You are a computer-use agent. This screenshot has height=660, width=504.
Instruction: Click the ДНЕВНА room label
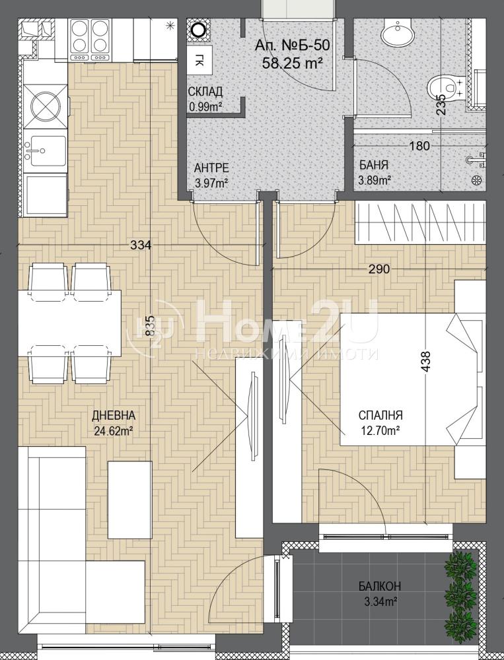114,416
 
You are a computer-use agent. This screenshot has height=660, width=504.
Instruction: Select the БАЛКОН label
380,586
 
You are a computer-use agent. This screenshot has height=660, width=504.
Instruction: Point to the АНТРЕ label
211,168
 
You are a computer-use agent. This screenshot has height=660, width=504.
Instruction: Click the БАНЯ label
374,165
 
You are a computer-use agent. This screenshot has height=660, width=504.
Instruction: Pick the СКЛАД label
205,91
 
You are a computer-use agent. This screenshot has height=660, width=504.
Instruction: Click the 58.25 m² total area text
293,63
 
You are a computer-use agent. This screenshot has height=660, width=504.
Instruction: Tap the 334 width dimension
141,245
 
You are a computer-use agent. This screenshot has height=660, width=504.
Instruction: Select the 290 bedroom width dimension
379,269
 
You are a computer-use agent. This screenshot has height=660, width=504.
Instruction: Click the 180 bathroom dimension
420,146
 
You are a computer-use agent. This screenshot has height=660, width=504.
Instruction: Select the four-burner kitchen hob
90,39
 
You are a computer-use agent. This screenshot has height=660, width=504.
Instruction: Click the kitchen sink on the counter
45,150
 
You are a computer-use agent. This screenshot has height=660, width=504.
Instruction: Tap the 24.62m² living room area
114,430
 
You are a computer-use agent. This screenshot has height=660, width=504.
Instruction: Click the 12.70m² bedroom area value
380,430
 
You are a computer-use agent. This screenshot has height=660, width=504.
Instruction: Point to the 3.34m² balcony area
379,601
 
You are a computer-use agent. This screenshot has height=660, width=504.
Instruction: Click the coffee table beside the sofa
129,500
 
